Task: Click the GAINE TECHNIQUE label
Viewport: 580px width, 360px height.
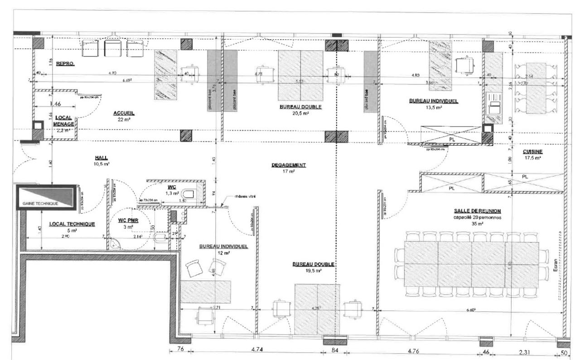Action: (x=41, y=204)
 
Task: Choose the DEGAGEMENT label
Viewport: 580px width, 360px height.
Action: (x=289, y=165)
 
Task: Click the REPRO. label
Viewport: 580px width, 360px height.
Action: (x=65, y=64)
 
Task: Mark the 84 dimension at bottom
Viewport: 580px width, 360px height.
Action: (x=335, y=350)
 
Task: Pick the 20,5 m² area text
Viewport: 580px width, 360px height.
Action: (x=300, y=114)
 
